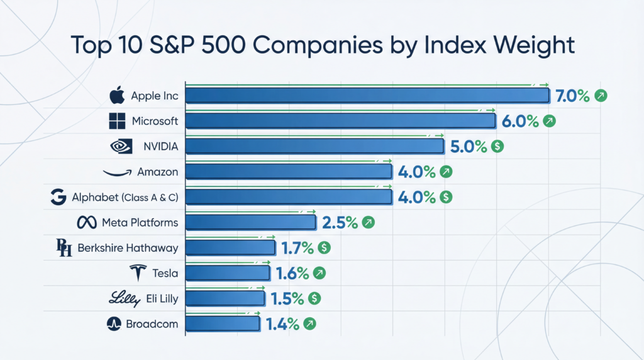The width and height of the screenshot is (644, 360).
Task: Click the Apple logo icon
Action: (x=117, y=96)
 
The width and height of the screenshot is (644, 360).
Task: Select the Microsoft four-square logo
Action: (x=118, y=121)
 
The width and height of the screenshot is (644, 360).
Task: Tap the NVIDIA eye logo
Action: (x=121, y=146)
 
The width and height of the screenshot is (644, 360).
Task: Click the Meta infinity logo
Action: (x=86, y=222)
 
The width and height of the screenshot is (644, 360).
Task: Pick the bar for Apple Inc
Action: (x=367, y=96)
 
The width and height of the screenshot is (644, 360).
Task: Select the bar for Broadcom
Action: (x=223, y=323)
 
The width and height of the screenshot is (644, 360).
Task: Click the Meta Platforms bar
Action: (x=250, y=222)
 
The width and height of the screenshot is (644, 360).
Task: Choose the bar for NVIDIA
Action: (x=314, y=146)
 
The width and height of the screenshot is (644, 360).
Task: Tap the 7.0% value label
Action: (x=572, y=96)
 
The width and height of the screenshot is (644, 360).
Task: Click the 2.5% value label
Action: (x=340, y=222)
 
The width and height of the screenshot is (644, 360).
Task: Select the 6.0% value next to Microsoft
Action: (x=519, y=121)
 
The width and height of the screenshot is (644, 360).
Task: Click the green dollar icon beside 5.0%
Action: (x=497, y=146)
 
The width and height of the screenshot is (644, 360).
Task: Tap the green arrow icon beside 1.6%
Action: (x=319, y=273)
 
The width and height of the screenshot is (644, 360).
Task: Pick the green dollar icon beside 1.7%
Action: (x=325, y=248)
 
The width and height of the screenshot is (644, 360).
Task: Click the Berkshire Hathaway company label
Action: (x=128, y=248)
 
